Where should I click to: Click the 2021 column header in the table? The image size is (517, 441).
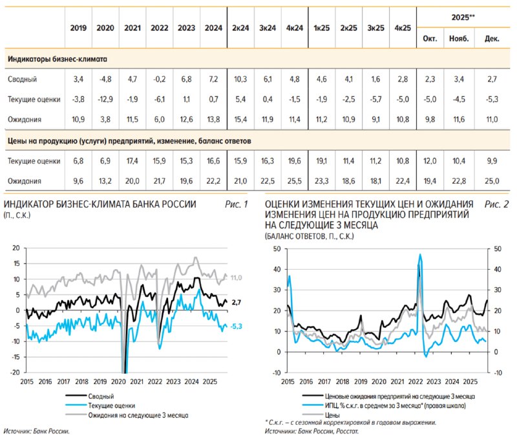point(132,28)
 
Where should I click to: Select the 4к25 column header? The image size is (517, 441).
point(402,28)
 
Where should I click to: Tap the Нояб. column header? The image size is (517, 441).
point(459,39)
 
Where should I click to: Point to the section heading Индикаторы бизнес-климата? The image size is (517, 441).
point(57,59)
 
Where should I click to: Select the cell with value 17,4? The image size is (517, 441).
point(132,161)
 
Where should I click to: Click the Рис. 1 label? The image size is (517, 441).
point(237,205)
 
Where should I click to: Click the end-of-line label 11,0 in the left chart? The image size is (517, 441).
point(237,277)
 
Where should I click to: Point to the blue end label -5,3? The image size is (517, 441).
point(237,327)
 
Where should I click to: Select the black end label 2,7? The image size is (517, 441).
point(237,302)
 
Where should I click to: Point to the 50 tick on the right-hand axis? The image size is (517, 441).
point(496,248)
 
